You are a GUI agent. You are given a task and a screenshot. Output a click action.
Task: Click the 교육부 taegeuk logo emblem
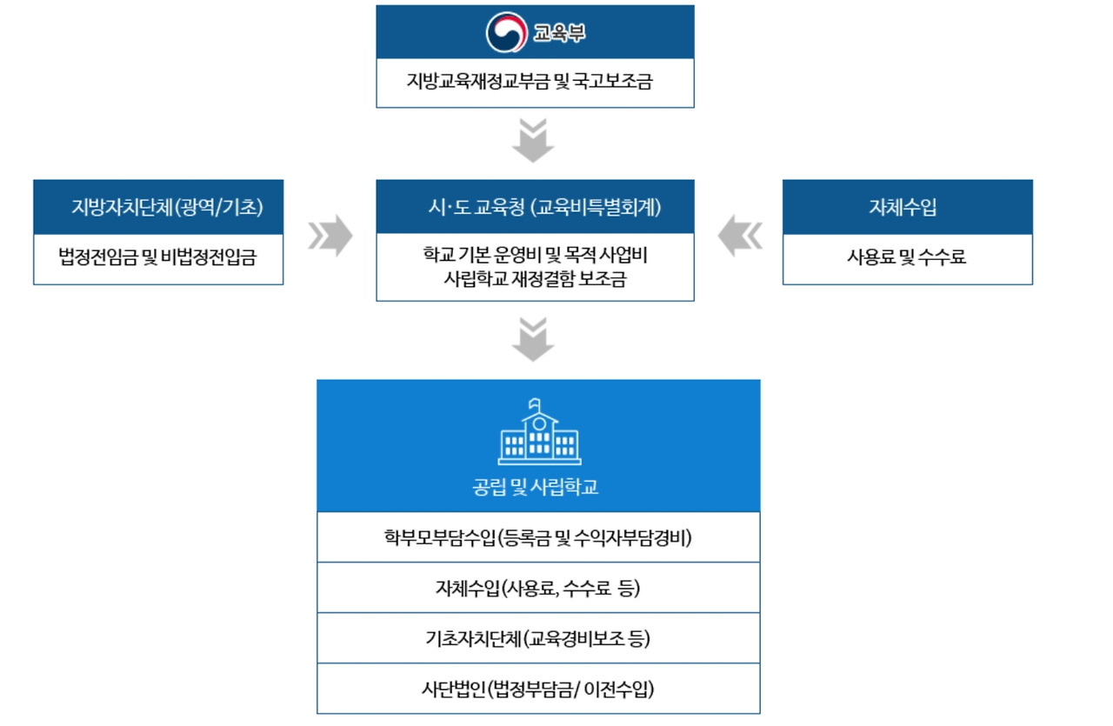[506, 32]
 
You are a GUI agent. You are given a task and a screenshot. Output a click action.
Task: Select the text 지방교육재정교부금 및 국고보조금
[535, 83]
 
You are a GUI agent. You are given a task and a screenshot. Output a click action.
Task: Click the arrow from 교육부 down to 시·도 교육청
[533, 141]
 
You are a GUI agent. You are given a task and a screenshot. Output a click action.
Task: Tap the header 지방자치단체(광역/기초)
[167, 208]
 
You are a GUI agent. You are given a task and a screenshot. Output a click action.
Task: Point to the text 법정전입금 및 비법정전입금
[157, 257]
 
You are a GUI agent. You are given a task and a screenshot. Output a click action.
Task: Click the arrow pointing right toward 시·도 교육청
[330, 236]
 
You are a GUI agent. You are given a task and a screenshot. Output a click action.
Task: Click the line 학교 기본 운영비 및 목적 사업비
[535, 257]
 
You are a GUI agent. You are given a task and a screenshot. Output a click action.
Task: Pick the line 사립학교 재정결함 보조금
[535, 280]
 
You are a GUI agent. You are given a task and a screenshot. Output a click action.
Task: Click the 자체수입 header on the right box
[907, 208]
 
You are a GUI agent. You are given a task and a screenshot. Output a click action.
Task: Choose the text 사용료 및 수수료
[907, 257]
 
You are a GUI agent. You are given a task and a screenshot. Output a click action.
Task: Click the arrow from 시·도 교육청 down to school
[533, 339]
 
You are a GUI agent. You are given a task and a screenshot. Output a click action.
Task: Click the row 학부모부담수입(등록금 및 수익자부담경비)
[537, 537]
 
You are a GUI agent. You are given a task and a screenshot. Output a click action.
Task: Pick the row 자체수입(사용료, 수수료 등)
[537, 588]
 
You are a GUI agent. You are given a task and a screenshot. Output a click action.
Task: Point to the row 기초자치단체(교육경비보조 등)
[537, 638]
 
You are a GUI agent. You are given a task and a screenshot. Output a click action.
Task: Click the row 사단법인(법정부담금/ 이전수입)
[537, 689]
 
